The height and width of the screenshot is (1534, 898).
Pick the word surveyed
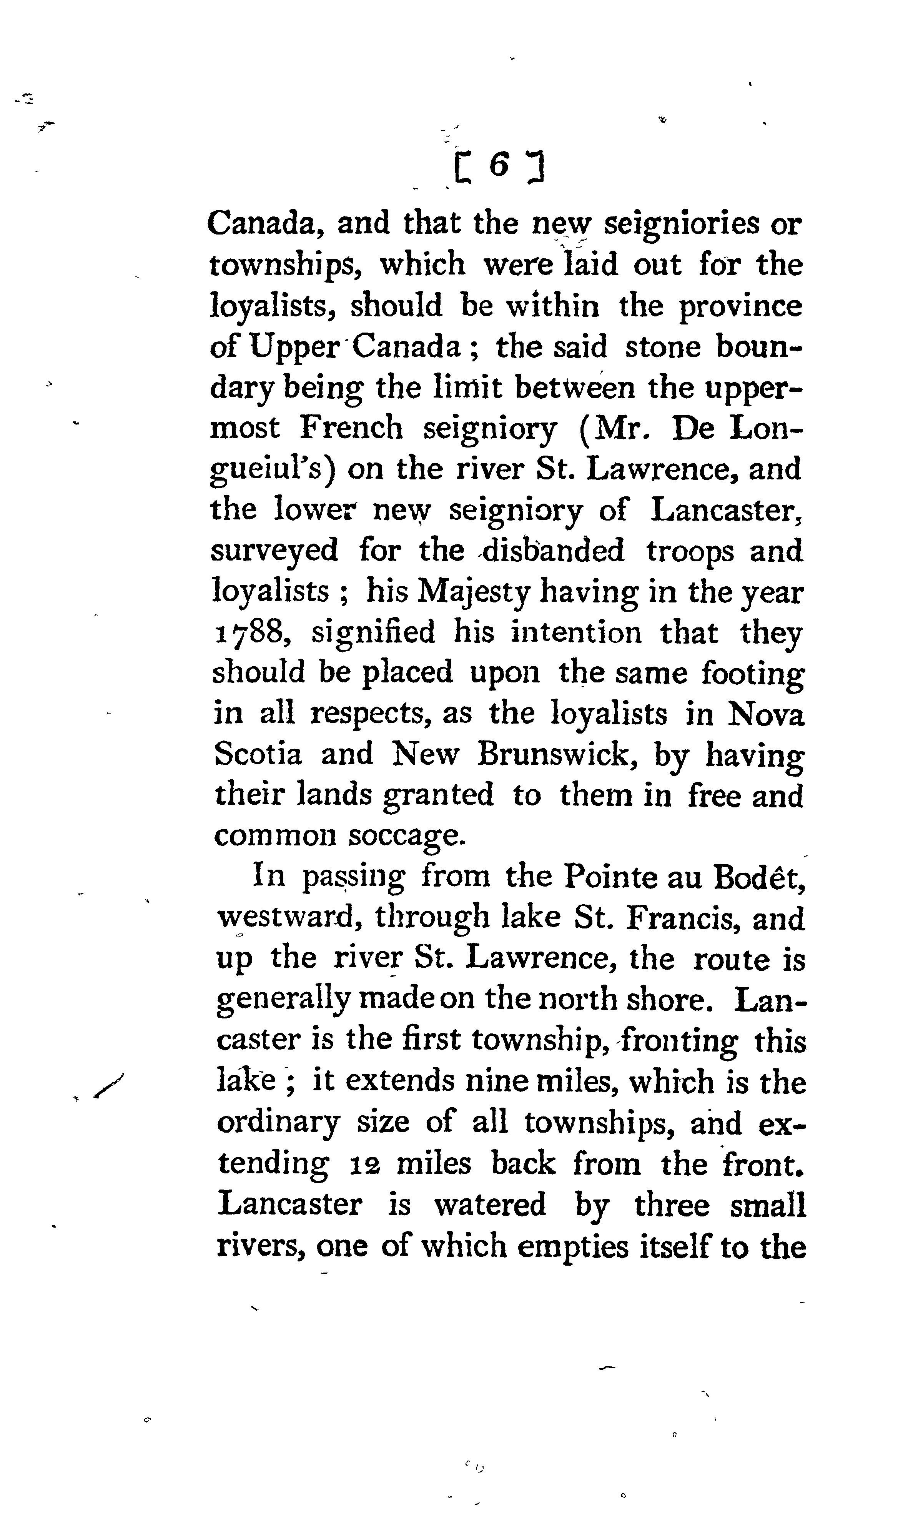coord(274,551)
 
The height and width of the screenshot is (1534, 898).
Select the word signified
coord(373,633)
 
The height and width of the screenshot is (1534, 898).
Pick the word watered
coord(489,1205)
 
